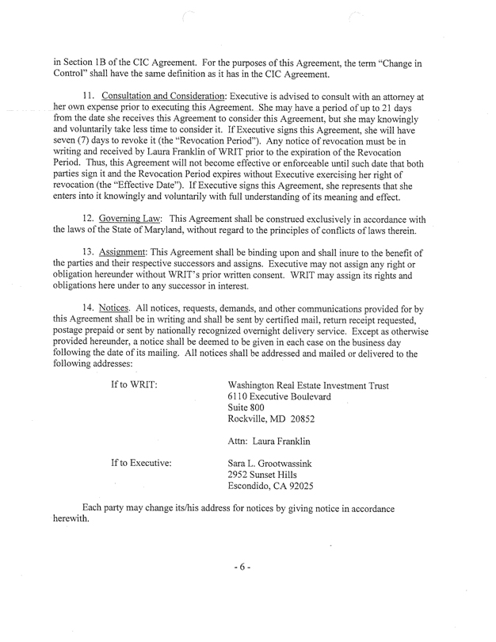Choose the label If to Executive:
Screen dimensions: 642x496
click(x=150, y=461)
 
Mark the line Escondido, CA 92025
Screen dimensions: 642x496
click(x=275, y=487)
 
